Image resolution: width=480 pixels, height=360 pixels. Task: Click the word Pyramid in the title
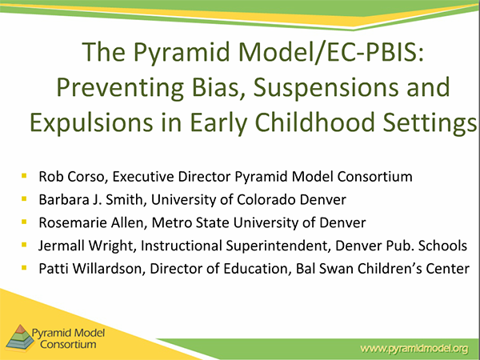(x=182, y=53)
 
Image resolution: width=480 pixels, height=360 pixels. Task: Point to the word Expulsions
(x=91, y=123)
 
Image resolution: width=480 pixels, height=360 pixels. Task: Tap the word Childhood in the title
(x=314, y=122)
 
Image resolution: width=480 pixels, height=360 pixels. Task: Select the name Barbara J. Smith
(x=90, y=199)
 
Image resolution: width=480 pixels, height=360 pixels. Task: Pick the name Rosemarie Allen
(x=91, y=222)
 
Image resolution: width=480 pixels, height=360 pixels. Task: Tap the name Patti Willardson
(x=90, y=269)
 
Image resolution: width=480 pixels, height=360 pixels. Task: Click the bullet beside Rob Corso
(x=24, y=176)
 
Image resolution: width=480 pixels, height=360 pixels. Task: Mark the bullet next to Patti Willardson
(x=24, y=268)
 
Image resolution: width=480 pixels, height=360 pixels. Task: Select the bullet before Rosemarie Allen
(x=24, y=222)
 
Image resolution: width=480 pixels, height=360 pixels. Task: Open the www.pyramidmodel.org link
(x=414, y=348)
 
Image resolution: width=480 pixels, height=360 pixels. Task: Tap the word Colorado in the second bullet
(x=266, y=199)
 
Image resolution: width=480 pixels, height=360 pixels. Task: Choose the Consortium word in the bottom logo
(x=68, y=344)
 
